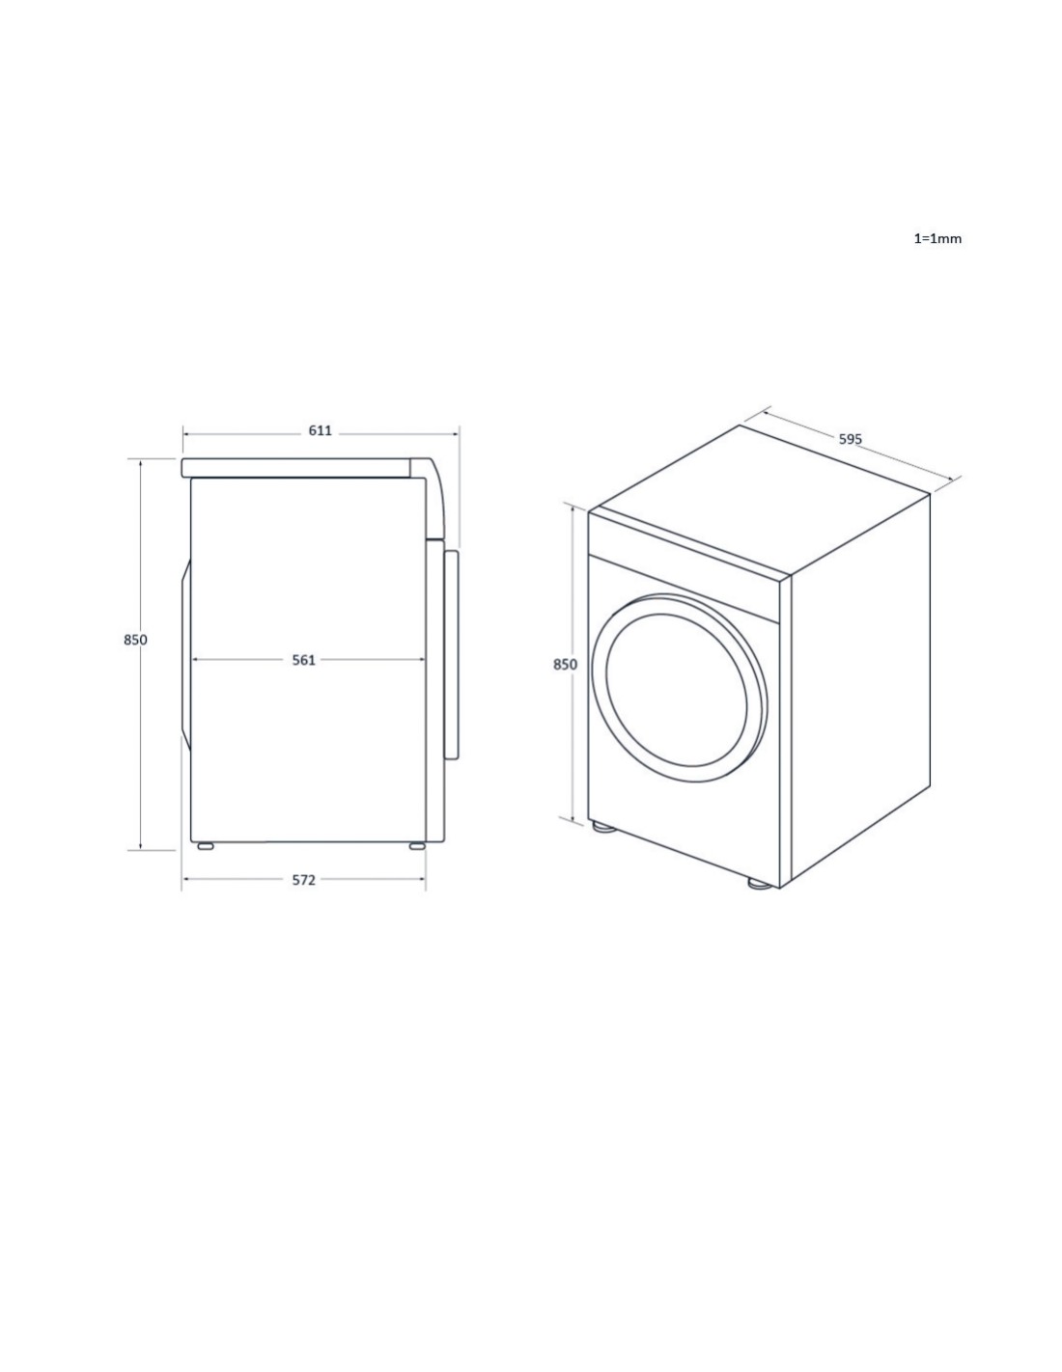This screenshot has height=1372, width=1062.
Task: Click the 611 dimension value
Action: coord(320,430)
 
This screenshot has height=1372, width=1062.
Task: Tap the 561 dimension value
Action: coord(303,660)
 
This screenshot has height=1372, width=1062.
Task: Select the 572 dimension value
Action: coord(303,880)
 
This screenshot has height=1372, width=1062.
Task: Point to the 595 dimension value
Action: coord(850,438)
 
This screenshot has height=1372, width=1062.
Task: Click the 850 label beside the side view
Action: coord(135,640)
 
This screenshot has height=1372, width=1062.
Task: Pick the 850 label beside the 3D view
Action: coord(565,664)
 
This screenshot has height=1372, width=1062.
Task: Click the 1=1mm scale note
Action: coord(937,238)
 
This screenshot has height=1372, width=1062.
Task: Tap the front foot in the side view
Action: coord(206,846)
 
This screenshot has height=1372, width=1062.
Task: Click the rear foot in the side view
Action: coord(416,846)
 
